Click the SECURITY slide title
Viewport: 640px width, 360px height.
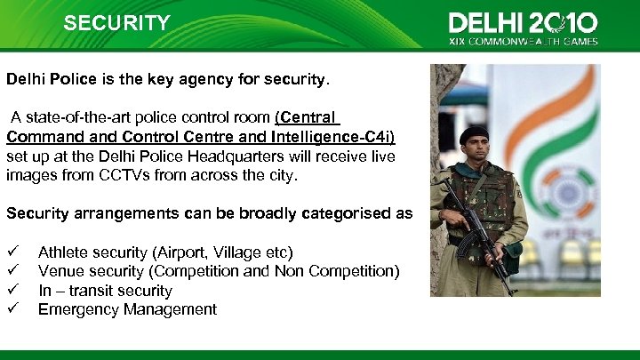[x=116, y=23]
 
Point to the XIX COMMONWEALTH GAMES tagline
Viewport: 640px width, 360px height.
[x=524, y=41]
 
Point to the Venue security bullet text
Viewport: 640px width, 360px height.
[x=219, y=271]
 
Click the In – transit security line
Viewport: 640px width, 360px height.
[x=105, y=291]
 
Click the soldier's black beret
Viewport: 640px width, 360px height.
[x=474, y=134]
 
